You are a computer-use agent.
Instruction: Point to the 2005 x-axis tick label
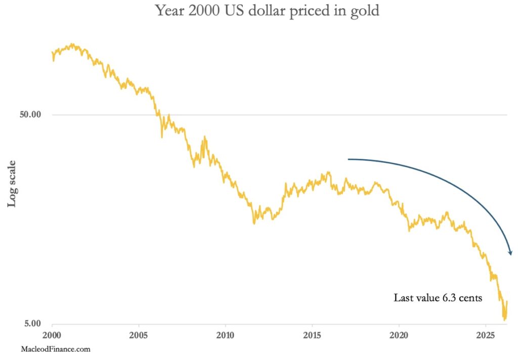coord(139,335)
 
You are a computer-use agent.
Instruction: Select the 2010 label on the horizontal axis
coord(225,335)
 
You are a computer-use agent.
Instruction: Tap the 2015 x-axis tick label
coord(312,335)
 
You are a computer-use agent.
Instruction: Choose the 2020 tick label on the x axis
coord(399,335)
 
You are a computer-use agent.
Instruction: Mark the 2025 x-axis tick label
coord(486,335)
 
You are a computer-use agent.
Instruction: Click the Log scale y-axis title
coord(12,184)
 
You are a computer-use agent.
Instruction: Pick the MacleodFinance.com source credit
coord(56,349)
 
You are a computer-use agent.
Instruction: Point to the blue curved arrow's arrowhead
coord(510,252)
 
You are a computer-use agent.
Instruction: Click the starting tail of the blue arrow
coord(349,159)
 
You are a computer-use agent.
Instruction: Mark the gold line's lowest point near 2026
coord(504,320)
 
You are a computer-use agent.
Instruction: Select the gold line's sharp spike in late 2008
coord(204,137)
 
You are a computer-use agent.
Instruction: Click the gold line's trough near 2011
coord(254,223)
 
